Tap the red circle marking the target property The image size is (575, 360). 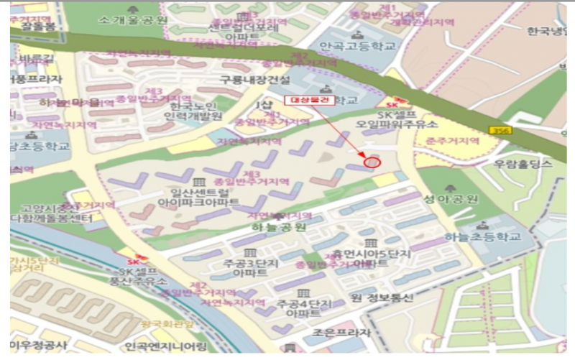coord(371,162)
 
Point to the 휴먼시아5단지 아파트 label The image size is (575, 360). coord(371,259)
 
